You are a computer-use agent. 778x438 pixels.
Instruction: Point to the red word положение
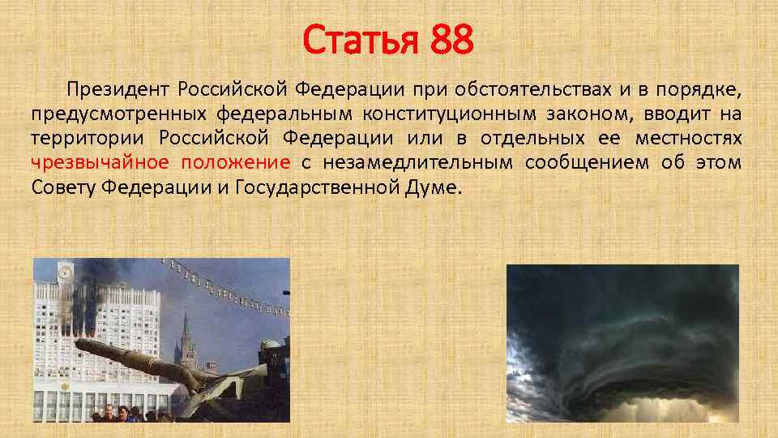236,162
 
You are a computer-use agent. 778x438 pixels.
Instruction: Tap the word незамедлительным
417,162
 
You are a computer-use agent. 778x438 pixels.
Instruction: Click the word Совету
62,187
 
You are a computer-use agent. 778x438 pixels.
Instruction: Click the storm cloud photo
622,343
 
